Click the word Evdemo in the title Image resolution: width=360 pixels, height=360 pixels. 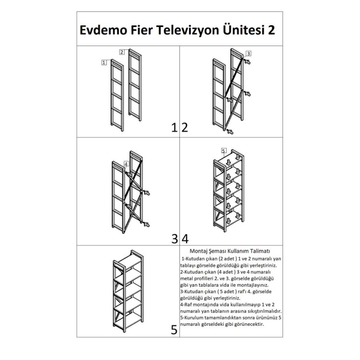tap(103, 30)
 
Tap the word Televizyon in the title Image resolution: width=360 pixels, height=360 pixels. tap(187, 31)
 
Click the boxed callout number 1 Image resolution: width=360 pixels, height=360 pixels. tap(104, 63)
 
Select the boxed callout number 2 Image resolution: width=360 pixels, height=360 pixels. tap(122, 52)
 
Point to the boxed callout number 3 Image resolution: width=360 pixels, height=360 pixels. tap(248, 54)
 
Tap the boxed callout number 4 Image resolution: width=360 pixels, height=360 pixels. tap(126, 164)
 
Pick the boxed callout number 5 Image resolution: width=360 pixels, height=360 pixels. tap(224, 151)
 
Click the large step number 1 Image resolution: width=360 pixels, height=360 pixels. tap(175, 127)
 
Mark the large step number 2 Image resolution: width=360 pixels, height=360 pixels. tap(185, 127)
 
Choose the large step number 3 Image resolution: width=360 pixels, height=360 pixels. tap(175, 239)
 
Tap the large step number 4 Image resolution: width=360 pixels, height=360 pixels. tap(185, 239)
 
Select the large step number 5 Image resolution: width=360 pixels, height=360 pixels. tap(174, 330)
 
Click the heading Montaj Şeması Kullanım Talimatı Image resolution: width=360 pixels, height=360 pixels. tap(230, 251)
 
